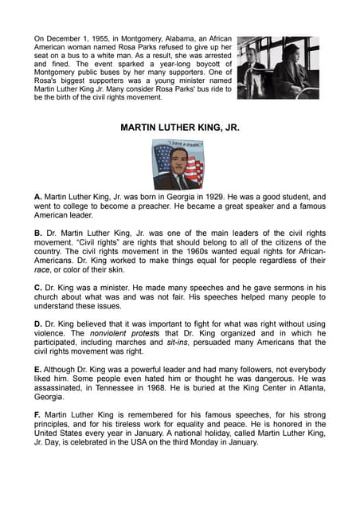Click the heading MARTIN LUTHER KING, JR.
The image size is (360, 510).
(x=179, y=127)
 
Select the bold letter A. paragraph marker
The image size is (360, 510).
(x=37, y=196)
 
